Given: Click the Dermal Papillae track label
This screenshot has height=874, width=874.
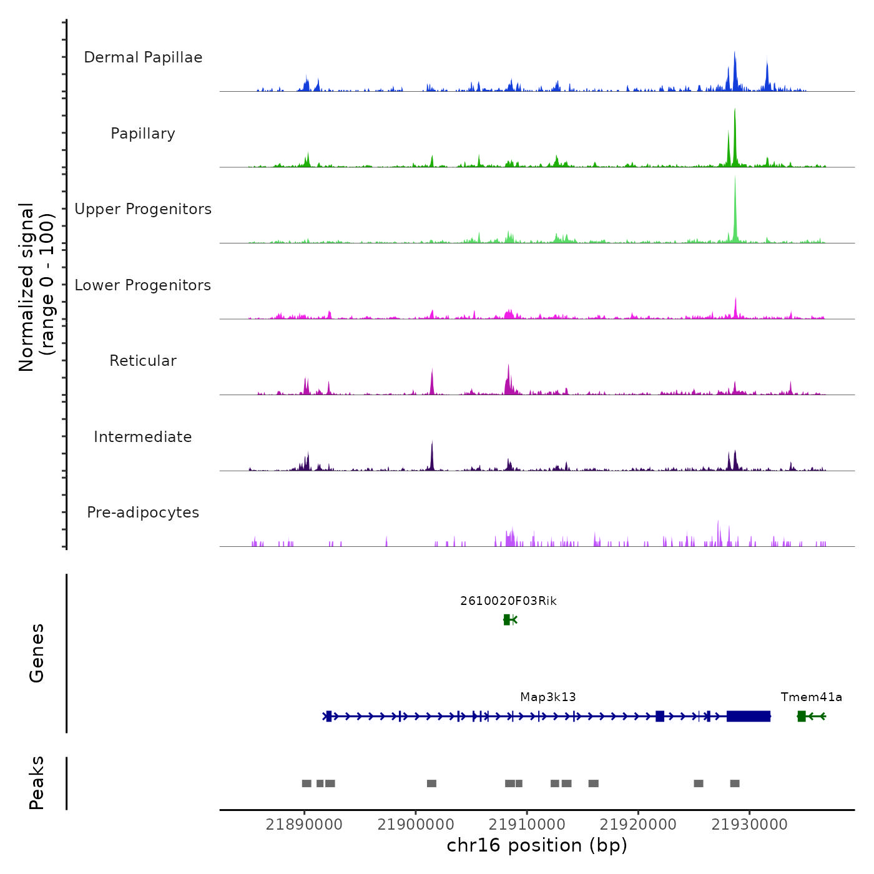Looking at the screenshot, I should pos(143,57).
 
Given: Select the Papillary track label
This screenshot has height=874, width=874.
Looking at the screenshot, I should pos(143,134).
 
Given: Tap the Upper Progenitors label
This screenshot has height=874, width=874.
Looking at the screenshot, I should pos(143,209).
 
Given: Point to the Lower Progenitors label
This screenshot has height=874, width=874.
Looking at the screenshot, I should pos(143,285).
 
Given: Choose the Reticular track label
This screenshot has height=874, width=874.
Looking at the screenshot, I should pos(143,361).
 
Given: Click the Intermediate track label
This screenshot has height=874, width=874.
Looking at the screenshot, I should pos(143,437).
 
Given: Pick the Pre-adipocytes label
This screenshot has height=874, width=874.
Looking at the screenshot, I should pos(143,513).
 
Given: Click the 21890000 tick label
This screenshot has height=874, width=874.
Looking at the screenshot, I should pos(304,825).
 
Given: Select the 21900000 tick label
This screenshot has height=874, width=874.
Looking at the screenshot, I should pos(416,825).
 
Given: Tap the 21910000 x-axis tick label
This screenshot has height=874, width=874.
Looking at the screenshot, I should pos(527,825).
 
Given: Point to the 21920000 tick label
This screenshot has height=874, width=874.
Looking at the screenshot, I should pos(638,825).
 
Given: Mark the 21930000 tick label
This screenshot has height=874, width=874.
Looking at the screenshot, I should pos(750,825).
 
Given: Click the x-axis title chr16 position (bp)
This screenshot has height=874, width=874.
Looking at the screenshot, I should pos(537,846).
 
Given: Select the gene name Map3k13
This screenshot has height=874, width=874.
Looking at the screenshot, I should pos(548,697).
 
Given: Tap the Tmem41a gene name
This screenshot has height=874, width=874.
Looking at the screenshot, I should pos(811,697).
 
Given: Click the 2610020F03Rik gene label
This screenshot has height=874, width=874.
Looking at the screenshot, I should pos(508,601).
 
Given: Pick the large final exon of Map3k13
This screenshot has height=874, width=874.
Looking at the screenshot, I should pos(749,716).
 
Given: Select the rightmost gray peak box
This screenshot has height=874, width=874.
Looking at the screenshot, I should pos(735,783).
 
